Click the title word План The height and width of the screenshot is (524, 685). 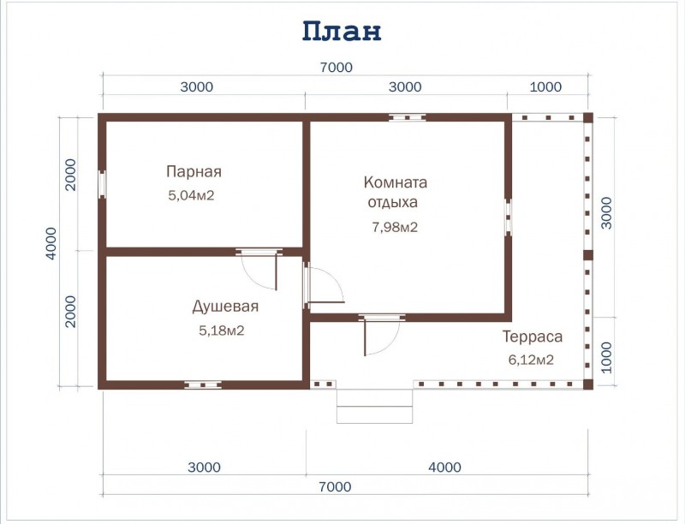click(341, 31)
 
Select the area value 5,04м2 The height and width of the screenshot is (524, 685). click(191, 195)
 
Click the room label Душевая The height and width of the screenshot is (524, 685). click(224, 306)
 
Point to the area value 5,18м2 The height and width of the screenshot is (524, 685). click(221, 330)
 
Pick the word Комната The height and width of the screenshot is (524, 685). click(395, 182)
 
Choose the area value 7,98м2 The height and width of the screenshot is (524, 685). click(395, 227)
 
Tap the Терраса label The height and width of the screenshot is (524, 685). click(533, 336)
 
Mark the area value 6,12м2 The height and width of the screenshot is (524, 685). click(531, 360)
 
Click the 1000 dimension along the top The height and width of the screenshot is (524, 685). click(546, 86)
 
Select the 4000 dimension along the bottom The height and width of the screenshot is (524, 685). click(445, 467)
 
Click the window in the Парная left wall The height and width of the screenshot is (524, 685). click(102, 184)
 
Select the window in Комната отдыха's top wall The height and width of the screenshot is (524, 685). click(407, 117)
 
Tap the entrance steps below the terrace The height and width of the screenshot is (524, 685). click(375, 405)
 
